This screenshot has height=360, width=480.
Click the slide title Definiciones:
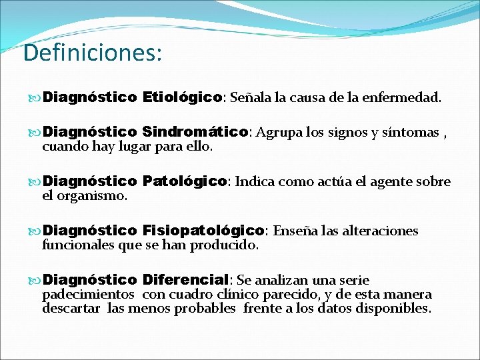[92, 53]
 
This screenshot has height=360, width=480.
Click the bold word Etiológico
[182, 98]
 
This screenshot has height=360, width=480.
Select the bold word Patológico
[185, 181]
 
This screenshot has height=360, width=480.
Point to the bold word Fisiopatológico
[204, 231]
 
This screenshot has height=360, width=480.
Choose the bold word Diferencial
[186, 280]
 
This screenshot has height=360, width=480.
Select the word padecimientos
[88, 295]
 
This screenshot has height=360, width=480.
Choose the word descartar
[71, 309]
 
